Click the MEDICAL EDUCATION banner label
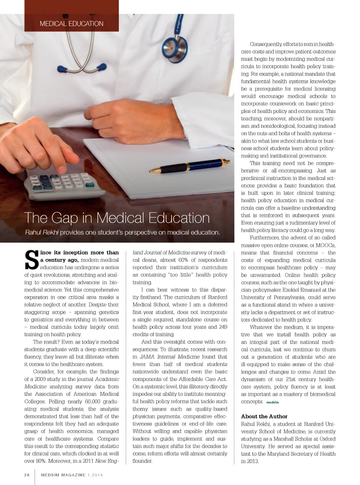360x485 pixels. tap(71, 24)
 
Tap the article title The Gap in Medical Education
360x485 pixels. tap(117, 218)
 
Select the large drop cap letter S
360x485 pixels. tap(31, 260)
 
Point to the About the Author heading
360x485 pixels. tap(264, 416)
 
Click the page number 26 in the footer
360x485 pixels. tap(27, 475)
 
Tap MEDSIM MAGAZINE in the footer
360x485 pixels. tap(63, 475)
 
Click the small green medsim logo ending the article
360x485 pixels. tap(272, 402)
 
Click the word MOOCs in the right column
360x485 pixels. tap(325, 245)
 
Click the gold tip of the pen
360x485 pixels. tap(155, 171)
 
